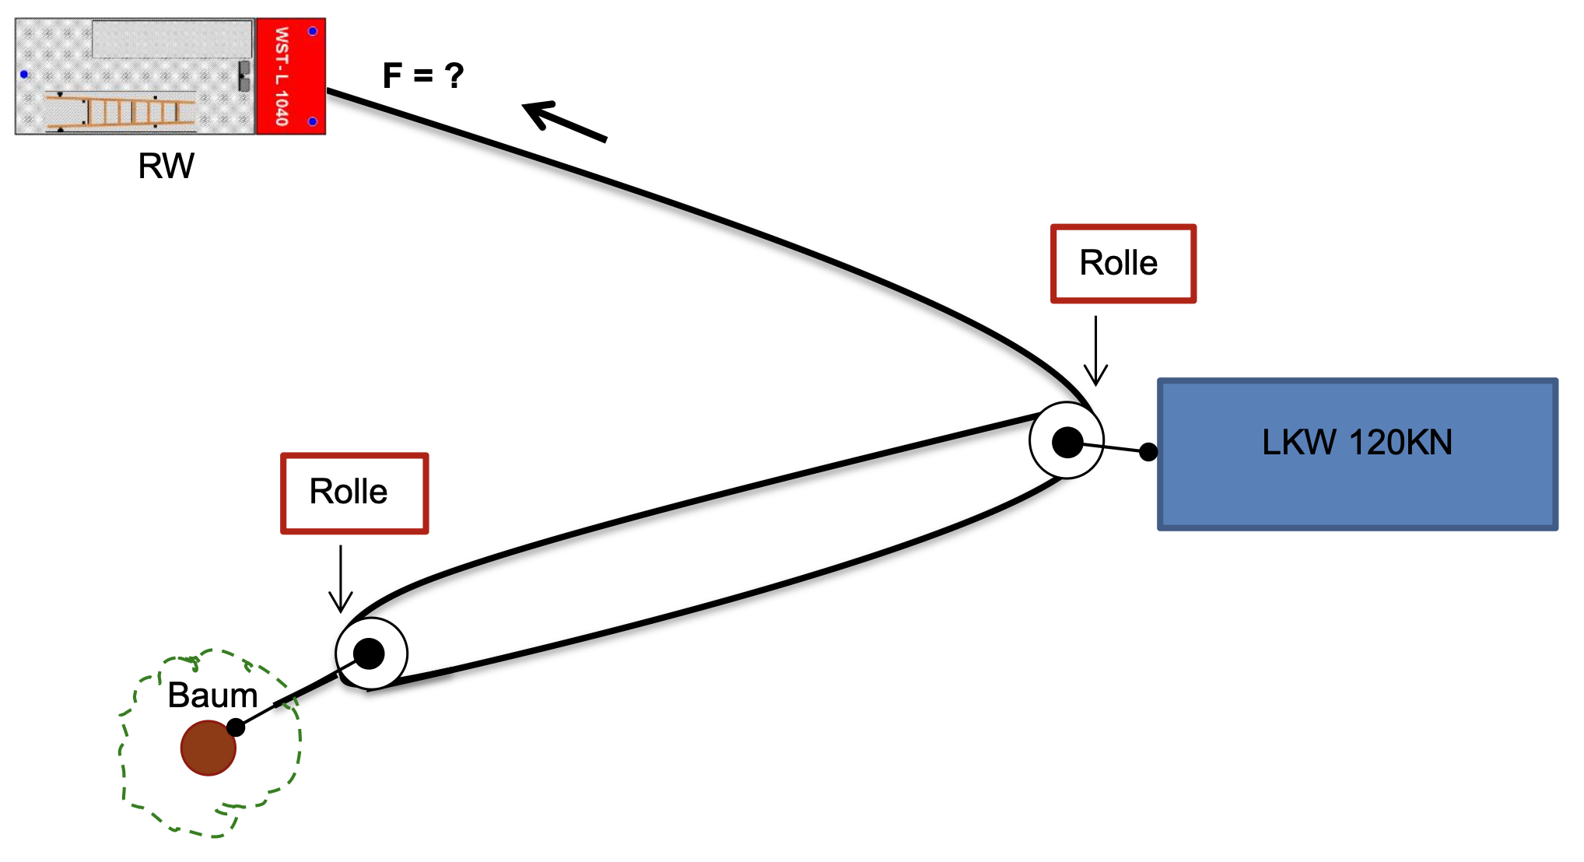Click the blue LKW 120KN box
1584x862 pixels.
coord(1358,498)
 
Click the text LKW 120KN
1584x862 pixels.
coord(1357,443)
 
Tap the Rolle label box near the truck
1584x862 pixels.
coord(1123,264)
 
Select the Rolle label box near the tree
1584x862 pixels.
coord(354,493)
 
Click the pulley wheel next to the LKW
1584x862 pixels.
coord(1066,441)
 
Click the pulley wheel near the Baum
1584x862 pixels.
coord(371,654)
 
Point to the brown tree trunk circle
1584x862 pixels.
coord(208,748)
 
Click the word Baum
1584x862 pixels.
coord(212,696)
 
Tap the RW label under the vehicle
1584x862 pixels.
coord(166,166)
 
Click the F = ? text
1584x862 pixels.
coord(423,76)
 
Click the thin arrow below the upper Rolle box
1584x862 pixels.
coord(1095,351)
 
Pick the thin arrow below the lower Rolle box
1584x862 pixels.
coord(341,580)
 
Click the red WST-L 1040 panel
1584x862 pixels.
coord(290,76)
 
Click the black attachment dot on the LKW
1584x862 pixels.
coord(1148,451)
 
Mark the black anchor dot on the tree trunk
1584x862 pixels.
coord(236,727)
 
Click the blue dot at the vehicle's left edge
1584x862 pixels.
coord(24,75)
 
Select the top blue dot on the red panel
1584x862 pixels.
coord(313,31)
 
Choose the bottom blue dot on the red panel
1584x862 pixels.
coord(313,121)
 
